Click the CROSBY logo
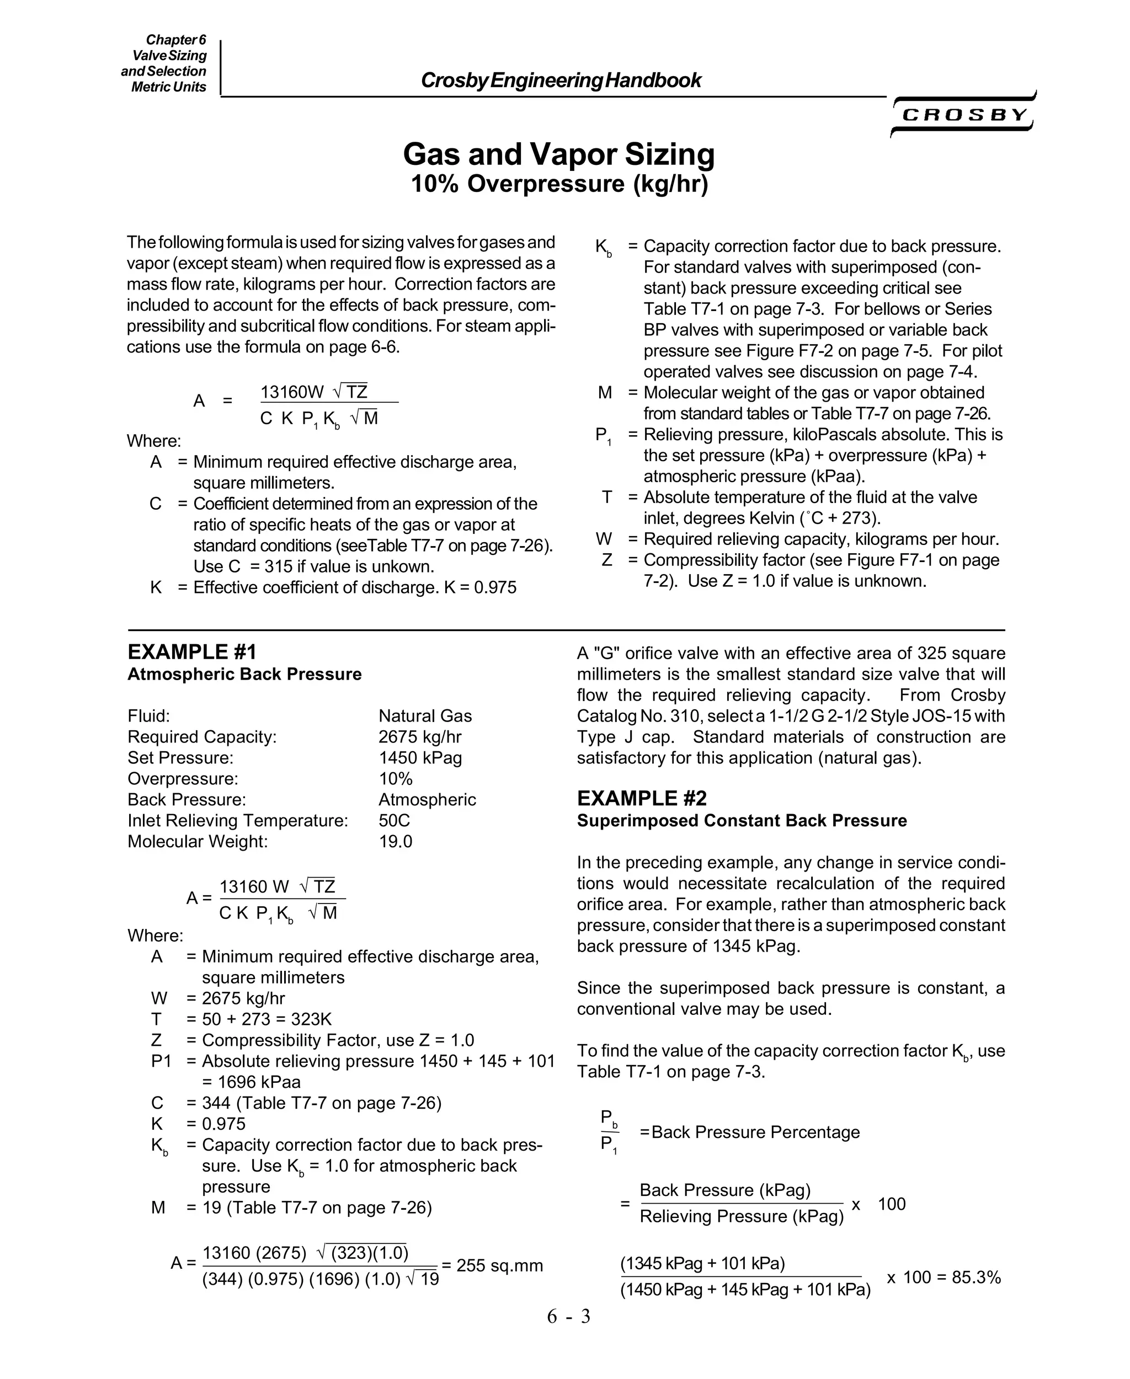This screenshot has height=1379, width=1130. pyautogui.click(x=964, y=115)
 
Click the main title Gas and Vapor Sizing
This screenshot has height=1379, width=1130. pyautogui.click(x=558, y=154)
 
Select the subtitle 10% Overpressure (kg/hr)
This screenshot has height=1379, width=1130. pyautogui.click(x=558, y=184)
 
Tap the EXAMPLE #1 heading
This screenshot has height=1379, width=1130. pyautogui.click(x=192, y=651)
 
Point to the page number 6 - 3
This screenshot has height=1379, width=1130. pyautogui.click(x=568, y=1316)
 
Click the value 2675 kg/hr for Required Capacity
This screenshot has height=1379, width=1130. pyautogui.click(x=420, y=737)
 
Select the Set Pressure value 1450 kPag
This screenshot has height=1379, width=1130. pyautogui.click(x=420, y=757)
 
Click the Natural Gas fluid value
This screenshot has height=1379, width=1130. pyautogui.click(x=425, y=716)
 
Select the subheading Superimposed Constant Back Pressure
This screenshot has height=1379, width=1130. pyautogui.click(x=742, y=821)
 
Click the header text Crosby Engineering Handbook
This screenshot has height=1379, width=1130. pyautogui.click(x=561, y=80)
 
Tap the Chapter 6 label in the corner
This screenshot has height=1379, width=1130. pyautogui.click(x=176, y=40)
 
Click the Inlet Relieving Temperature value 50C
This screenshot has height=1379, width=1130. pyautogui.click(x=394, y=821)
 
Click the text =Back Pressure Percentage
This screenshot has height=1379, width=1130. pyautogui.click(x=749, y=1132)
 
